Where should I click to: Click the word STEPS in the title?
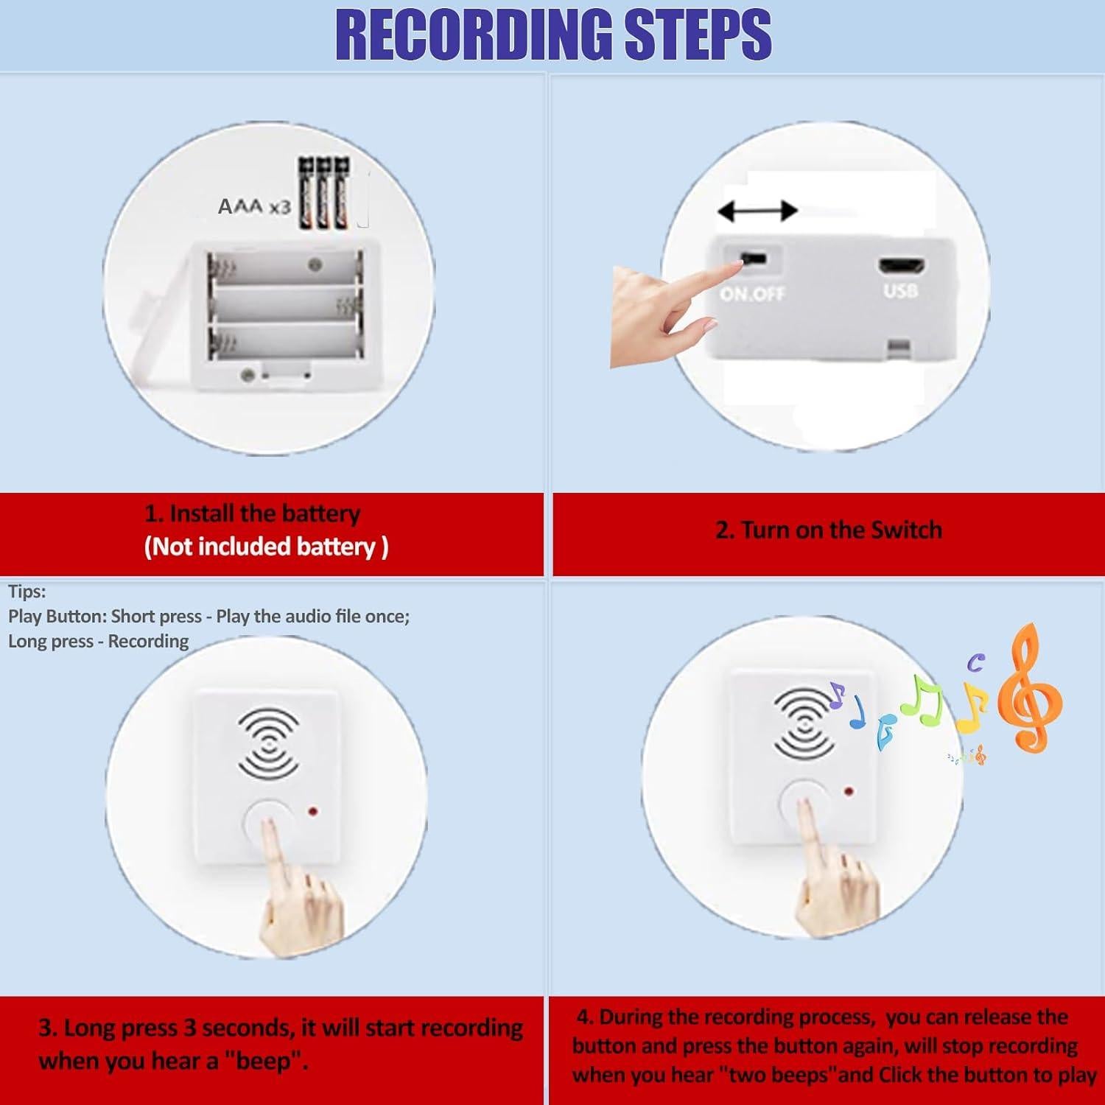click(698, 35)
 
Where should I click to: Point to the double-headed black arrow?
click(757, 211)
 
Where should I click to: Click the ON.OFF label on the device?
click(752, 294)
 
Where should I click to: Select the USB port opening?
click(901, 265)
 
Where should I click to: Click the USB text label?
click(901, 290)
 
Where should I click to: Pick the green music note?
click(922, 698)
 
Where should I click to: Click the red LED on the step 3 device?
click(312, 813)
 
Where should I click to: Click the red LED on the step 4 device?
click(849, 793)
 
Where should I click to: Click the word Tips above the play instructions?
click(27, 592)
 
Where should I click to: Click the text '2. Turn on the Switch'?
click(829, 530)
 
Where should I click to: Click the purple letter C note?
click(975, 663)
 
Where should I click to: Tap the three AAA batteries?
click(323, 193)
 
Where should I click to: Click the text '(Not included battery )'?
click(266, 547)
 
